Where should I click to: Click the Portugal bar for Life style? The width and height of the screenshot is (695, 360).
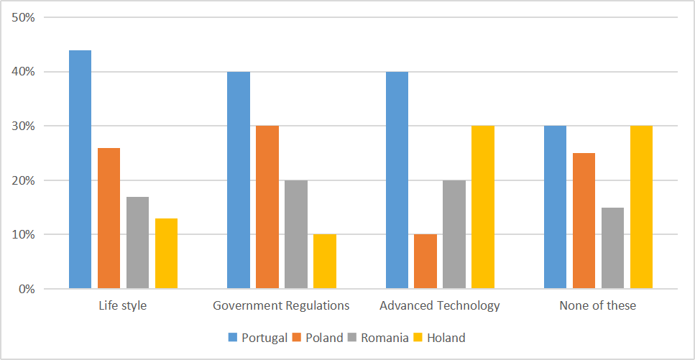pos(80,170)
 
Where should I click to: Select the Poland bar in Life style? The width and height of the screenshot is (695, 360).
pos(109,218)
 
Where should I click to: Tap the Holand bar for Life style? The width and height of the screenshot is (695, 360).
pos(166,254)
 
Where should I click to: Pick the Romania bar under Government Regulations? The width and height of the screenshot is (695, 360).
pos(296,234)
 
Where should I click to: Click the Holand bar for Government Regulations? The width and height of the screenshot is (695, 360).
pos(325,262)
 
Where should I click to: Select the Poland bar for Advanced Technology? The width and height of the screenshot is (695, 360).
pos(425,262)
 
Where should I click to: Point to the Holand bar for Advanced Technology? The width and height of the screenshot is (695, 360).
pos(483,208)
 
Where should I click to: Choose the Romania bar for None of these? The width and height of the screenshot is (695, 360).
pos(612,249)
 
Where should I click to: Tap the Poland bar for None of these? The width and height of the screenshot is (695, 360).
pos(584,221)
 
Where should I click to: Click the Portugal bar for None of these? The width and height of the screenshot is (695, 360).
pos(555,208)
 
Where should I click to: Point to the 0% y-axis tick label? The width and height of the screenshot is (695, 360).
pos(27,289)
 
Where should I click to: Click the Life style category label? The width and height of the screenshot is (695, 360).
pos(123,306)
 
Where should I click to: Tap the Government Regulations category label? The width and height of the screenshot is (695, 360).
pos(282,306)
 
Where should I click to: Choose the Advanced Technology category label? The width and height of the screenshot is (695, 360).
pos(440,306)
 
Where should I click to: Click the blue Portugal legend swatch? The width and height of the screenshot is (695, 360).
pos(233,338)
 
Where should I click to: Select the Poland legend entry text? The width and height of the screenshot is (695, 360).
pos(324,338)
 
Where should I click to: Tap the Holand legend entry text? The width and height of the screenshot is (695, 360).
pos(446,338)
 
